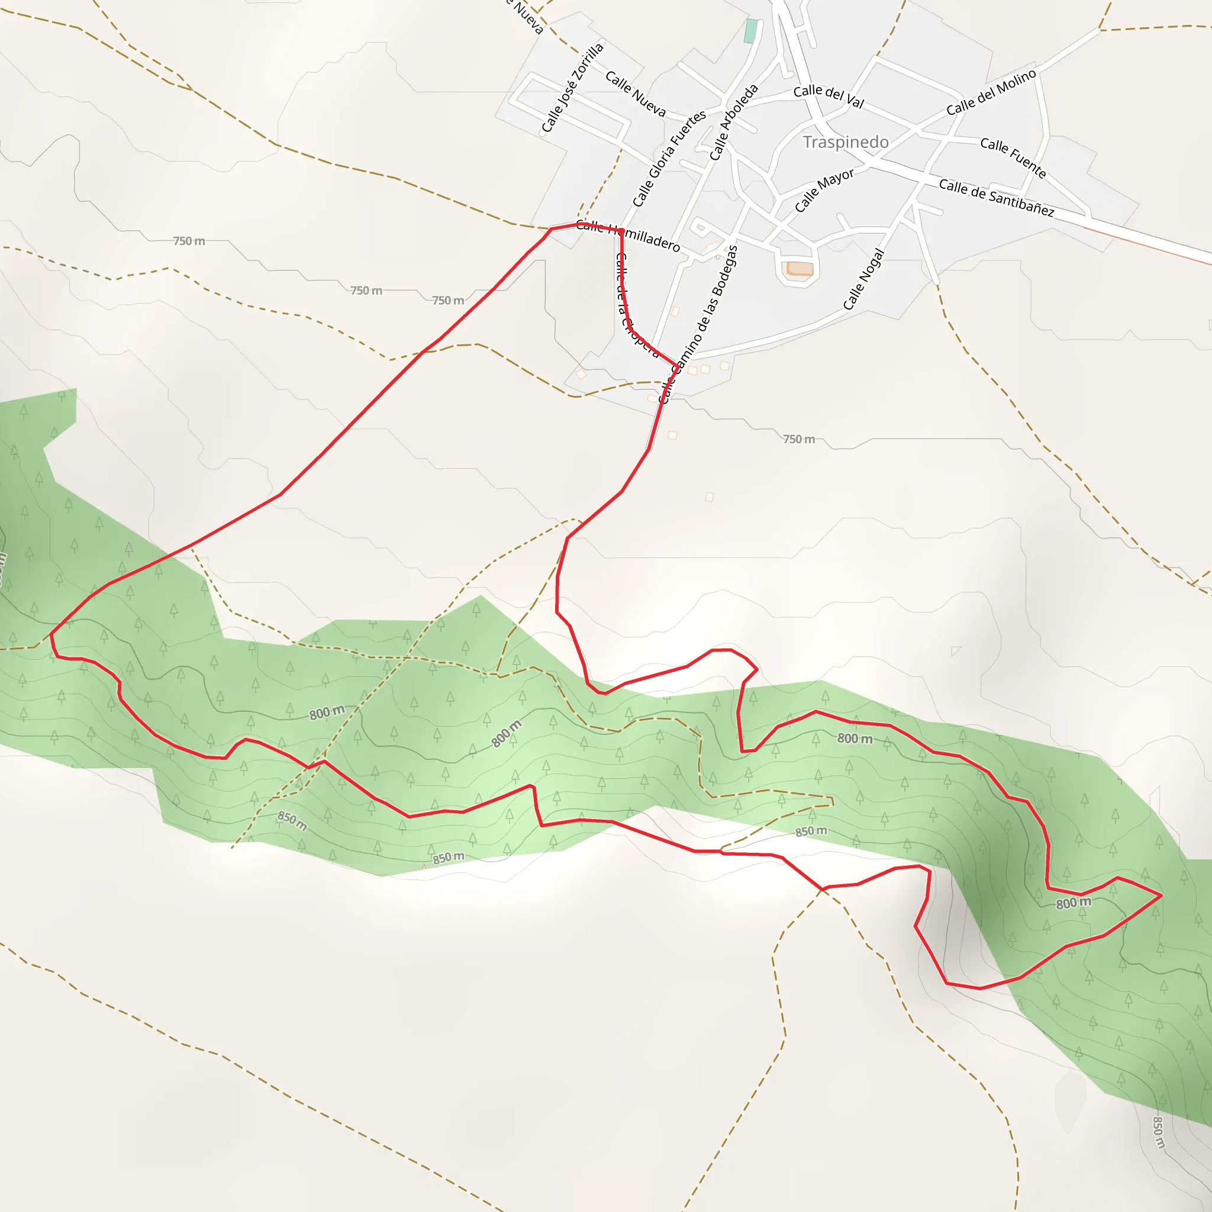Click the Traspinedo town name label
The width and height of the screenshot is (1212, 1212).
(x=846, y=143)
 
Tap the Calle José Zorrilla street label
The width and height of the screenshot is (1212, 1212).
(x=572, y=88)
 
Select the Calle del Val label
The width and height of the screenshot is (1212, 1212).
(x=828, y=96)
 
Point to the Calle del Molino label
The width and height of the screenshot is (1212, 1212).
(x=991, y=93)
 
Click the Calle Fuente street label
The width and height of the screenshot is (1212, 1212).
(x=1013, y=157)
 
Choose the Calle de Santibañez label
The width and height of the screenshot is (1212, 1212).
(x=996, y=197)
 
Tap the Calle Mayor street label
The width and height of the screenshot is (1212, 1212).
(x=824, y=189)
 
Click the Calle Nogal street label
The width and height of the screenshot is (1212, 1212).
(x=863, y=279)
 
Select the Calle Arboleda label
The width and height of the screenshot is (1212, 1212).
(x=733, y=123)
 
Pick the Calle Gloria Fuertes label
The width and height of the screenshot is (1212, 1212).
(x=669, y=158)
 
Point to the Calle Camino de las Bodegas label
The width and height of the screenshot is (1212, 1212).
(x=698, y=324)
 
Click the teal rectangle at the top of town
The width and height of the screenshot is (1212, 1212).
(x=750, y=31)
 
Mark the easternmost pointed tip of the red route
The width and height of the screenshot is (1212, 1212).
(x=1161, y=895)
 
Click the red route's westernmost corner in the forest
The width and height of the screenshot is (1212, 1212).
(x=51, y=635)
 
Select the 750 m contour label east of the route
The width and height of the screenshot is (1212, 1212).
(x=798, y=439)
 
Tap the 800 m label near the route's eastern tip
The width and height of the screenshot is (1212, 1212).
(x=1074, y=903)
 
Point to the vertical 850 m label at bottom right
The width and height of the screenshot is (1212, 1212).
(x=1158, y=1132)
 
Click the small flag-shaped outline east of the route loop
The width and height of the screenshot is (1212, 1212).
(x=955, y=651)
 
